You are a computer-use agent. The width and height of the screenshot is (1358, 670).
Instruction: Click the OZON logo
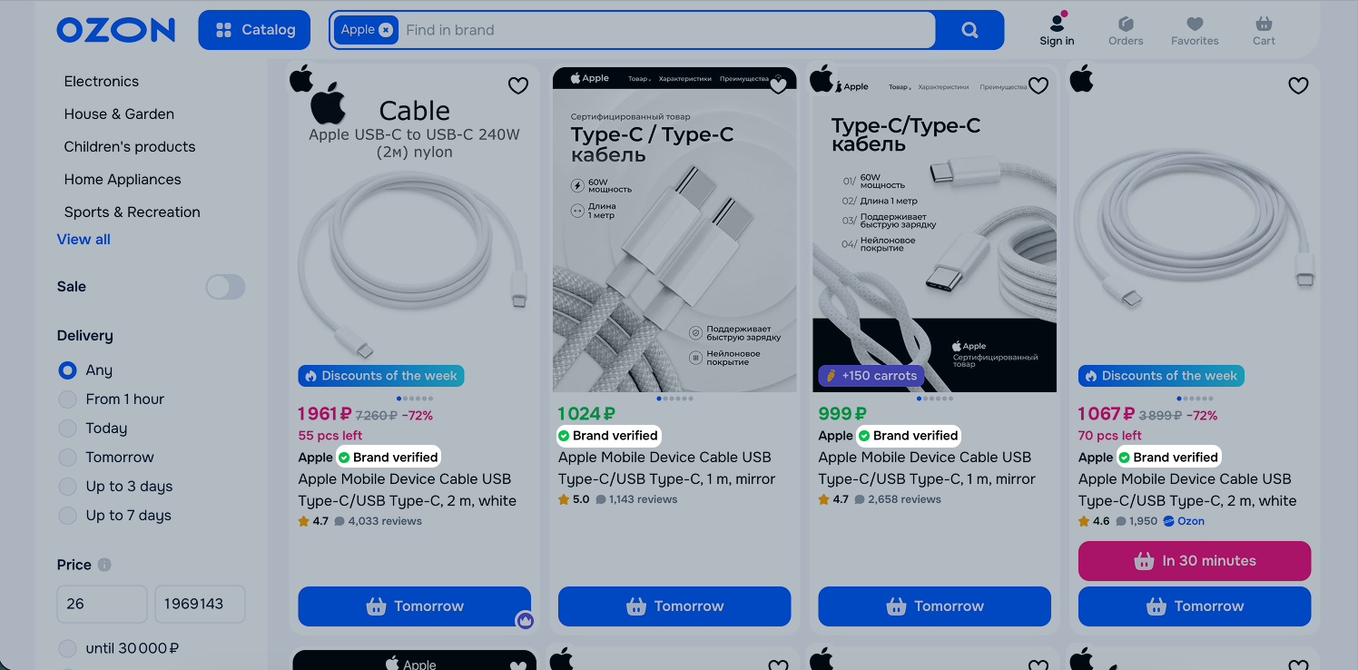pos(116,30)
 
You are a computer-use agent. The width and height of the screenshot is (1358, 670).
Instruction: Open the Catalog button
pos(254,30)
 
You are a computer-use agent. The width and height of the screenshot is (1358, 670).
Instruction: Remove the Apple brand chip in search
pos(386,30)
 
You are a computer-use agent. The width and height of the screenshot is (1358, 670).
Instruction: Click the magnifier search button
pos(969,30)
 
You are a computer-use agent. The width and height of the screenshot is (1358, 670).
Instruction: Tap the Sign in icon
pos(1057,24)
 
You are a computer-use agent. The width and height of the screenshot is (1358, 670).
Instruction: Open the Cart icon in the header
pos(1264,24)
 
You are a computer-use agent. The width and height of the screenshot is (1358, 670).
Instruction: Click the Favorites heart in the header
pos(1195,24)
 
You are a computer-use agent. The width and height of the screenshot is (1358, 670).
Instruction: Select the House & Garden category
pos(119,114)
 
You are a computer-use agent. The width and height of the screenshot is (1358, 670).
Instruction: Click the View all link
pos(84,240)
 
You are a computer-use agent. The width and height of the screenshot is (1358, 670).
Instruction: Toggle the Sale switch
pos(225,287)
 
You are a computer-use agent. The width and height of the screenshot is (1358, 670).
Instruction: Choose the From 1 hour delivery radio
pos(67,399)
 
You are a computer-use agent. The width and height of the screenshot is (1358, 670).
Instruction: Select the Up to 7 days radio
pos(67,516)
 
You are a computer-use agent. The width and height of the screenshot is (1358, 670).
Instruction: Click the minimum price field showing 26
pos(102,604)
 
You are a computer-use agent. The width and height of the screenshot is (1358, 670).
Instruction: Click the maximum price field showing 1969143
pos(200,604)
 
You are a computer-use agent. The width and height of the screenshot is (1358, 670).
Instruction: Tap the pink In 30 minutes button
pos(1195,561)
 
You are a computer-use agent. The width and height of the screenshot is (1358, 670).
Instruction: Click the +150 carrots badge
pos(871,376)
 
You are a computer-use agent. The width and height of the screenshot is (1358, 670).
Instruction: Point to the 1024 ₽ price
pos(586,413)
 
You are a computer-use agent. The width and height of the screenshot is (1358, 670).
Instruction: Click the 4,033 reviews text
pos(384,521)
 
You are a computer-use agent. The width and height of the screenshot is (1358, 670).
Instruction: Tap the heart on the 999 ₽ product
pos(1038,85)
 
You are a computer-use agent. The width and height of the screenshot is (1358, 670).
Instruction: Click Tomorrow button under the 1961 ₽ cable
pos(414,606)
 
